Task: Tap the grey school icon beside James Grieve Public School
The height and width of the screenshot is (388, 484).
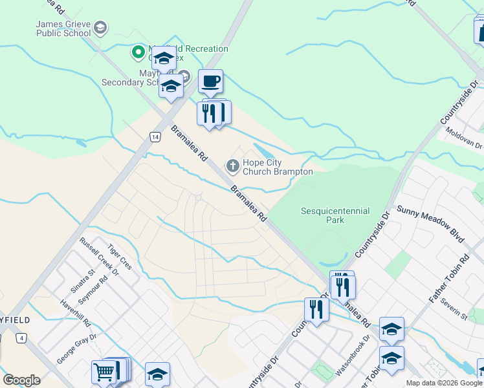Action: (x=100, y=27)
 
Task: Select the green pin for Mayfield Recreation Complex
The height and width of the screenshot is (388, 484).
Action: (x=138, y=51)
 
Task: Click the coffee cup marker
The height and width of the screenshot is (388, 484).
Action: (x=210, y=82)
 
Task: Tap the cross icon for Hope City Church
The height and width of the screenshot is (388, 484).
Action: (x=232, y=167)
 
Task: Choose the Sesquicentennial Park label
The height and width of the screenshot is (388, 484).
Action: (x=335, y=215)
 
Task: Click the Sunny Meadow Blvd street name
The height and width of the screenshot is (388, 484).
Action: (x=432, y=224)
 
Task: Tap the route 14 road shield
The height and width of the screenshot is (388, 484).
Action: (x=155, y=136)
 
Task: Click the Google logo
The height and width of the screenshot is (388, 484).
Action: (x=21, y=380)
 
